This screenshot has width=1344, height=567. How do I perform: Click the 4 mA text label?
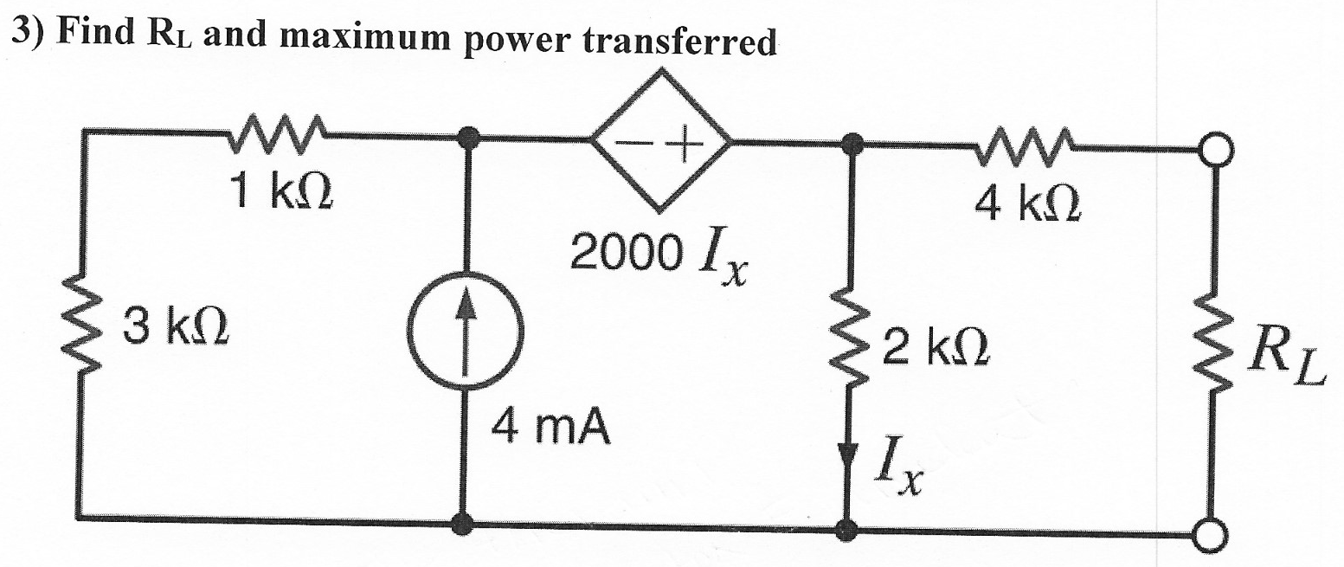pos(550,428)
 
